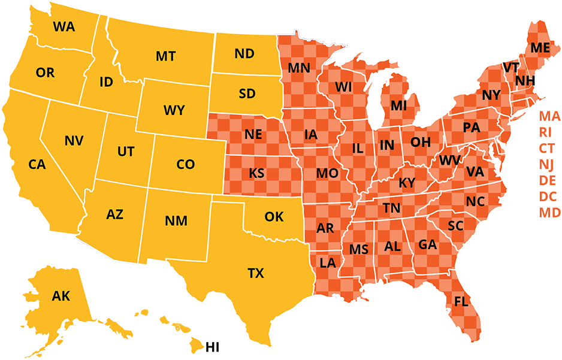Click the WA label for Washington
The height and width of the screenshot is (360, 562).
click(x=64, y=26)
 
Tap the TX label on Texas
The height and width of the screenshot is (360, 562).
click(x=256, y=274)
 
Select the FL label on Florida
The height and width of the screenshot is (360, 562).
click(x=461, y=301)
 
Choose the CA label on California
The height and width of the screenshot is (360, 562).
click(x=37, y=164)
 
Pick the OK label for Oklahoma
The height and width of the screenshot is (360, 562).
click(x=274, y=217)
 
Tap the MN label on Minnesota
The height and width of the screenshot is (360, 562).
click(x=299, y=68)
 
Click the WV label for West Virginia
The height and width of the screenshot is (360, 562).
click(x=449, y=161)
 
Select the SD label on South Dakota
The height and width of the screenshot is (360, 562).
click(x=247, y=94)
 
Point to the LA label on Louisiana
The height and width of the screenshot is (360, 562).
click(x=328, y=262)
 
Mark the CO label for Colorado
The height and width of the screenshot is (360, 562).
click(x=186, y=164)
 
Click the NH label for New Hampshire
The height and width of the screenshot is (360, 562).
click(x=525, y=80)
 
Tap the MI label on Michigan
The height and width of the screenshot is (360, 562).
click(x=398, y=106)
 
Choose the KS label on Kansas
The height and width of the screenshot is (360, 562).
click(x=257, y=174)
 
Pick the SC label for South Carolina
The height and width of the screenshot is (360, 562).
click(x=456, y=226)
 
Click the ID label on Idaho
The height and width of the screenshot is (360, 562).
click(x=106, y=82)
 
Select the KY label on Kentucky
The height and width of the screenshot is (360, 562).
click(x=407, y=183)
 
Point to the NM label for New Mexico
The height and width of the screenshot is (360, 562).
click(x=176, y=221)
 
